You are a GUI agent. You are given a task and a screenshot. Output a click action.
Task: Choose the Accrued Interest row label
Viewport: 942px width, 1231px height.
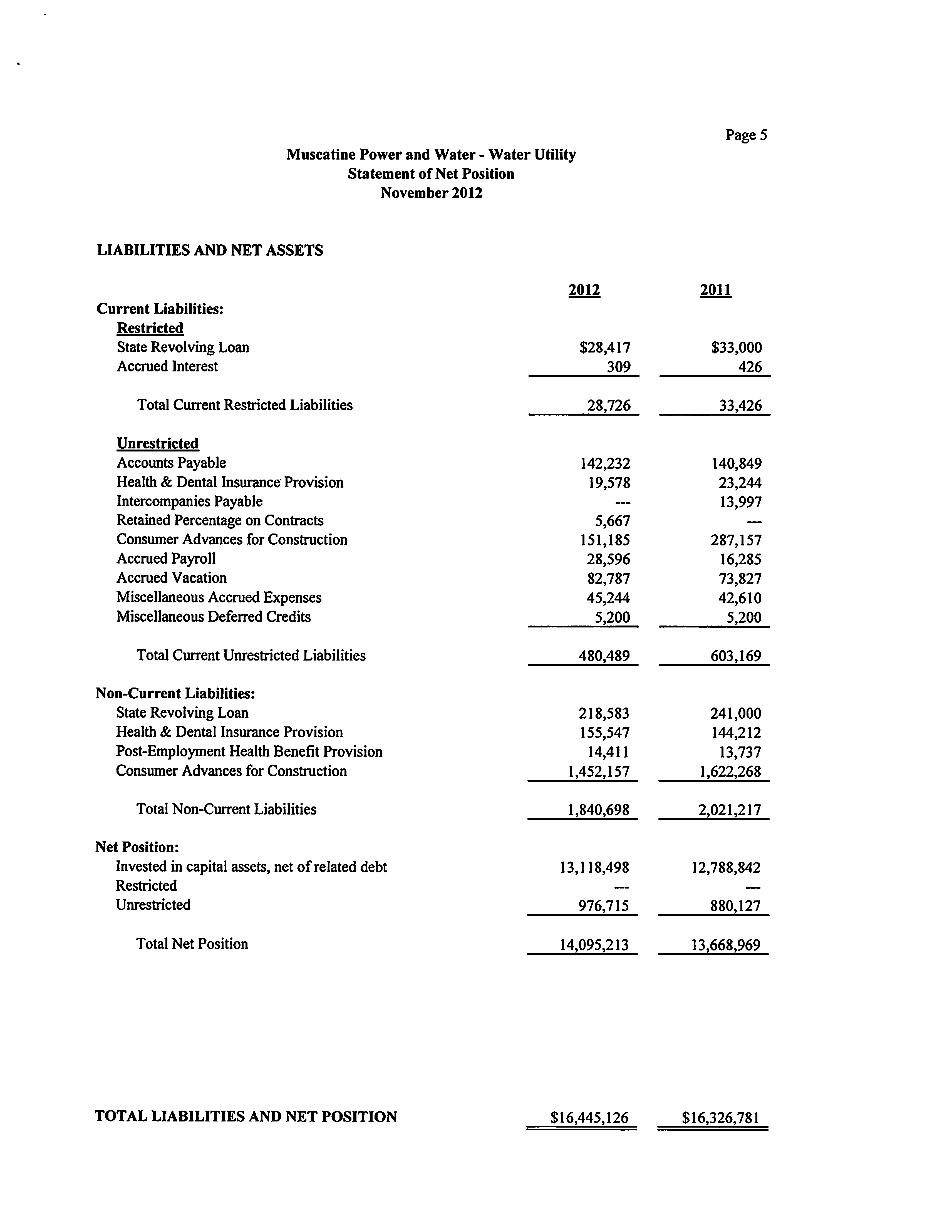[167, 367]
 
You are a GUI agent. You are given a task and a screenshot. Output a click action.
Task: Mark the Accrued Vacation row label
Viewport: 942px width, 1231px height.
[172, 578]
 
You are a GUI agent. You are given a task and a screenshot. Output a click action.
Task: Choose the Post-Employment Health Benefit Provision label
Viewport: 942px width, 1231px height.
[249, 752]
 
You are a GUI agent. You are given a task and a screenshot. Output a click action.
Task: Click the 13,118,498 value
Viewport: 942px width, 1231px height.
[594, 868]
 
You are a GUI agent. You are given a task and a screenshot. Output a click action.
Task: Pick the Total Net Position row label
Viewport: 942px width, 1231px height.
[192, 944]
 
